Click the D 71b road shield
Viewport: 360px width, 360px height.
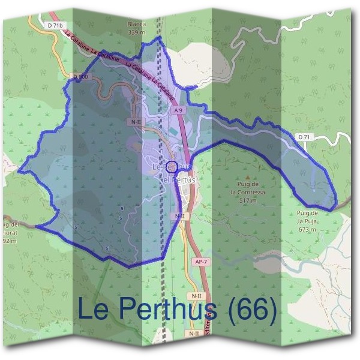[53, 25]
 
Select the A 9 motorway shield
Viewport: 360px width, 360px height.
[178, 110]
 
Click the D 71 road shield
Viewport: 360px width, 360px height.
[305, 137]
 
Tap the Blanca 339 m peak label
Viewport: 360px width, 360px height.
[137, 28]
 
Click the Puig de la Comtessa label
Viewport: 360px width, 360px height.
[248, 188]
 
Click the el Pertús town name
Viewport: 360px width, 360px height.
[179, 179]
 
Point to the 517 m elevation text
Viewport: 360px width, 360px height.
[248, 201]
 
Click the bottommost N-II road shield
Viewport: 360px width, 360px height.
[193, 333]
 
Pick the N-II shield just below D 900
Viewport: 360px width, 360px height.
[136, 121]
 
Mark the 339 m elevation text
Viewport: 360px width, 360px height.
[137, 32]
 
